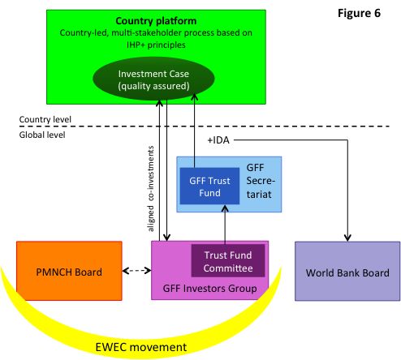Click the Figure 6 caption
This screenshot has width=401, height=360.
pyautogui.click(x=359, y=13)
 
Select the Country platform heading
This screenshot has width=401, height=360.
pyautogui.click(x=156, y=21)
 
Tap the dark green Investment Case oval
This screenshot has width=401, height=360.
pyautogui.click(x=153, y=79)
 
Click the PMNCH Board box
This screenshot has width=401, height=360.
pyautogui.click(x=69, y=271)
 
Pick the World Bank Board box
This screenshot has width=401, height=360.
pyautogui.click(x=347, y=271)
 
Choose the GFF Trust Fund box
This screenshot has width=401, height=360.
pyautogui.click(x=209, y=186)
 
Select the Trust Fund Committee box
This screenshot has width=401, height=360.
pyautogui.click(x=228, y=261)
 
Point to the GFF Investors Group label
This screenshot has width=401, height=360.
pyautogui.click(x=209, y=289)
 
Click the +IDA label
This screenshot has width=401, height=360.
pyautogui.click(x=218, y=140)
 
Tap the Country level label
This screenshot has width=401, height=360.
pyautogui.click(x=45, y=119)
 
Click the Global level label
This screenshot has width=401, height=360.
pyautogui.click(x=42, y=135)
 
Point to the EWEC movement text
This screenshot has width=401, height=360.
pyautogui.click(x=141, y=347)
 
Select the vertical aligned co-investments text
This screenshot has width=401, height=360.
pyautogui.click(x=151, y=189)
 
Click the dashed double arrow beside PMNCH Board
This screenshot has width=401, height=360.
pyautogui.click(x=136, y=271)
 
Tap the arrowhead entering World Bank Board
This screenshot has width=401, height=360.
pyautogui.click(x=347, y=238)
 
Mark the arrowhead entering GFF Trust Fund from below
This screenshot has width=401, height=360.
pyautogui.click(x=225, y=208)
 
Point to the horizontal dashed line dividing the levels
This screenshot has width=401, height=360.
pyautogui.click(x=205, y=126)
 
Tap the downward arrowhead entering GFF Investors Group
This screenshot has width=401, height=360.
pyautogui.click(x=166, y=238)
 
